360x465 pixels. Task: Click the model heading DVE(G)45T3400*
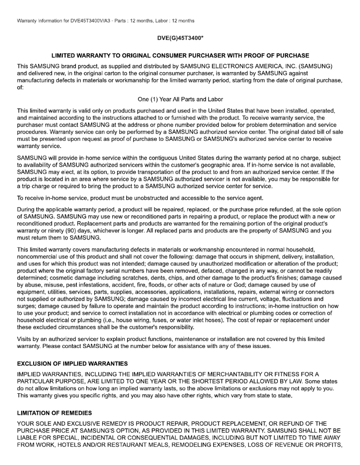coord(180,39)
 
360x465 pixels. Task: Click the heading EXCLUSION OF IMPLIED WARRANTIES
coord(72,363)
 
